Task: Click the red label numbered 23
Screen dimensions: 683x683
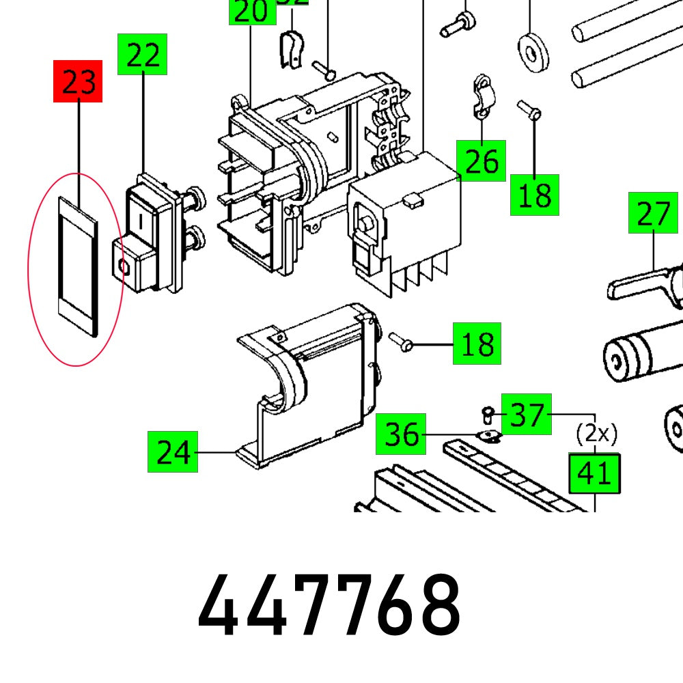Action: [x=78, y=81]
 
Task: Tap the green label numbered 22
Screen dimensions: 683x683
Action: [x=143, y=54]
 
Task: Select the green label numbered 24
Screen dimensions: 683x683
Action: [x=173, y=451]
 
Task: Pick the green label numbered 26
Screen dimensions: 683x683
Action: [x=482, y=161]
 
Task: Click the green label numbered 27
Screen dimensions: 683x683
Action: [x=654, y=213]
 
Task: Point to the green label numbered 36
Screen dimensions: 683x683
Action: [x=401, y=434]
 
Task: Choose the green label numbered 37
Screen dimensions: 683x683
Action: [x=527, y=415]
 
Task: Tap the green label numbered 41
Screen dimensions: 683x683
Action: [x=595, y=473]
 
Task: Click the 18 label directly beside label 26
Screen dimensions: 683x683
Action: [x=535, y=195]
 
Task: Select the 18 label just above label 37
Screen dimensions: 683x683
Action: [x=477, y=344]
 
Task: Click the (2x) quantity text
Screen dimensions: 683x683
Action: [x=596, y=433]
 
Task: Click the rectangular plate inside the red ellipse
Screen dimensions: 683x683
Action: [x=77, y=266]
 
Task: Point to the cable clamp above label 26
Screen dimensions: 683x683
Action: [x=483, y=96]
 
